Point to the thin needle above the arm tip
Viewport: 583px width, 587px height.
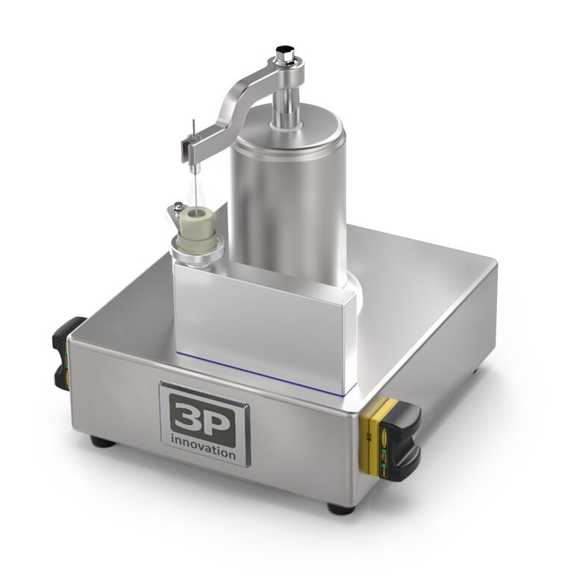[x=193, y=130]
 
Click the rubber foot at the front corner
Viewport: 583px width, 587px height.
[x=340, y=508]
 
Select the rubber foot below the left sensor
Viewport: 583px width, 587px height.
[x=102, y=442]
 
